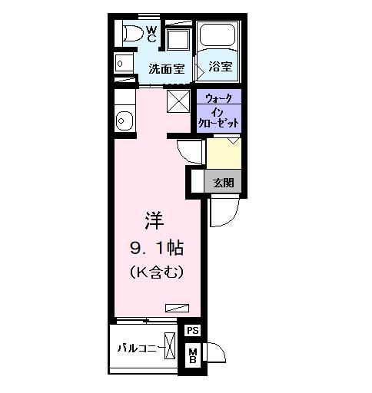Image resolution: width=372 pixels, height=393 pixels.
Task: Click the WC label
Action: tap(151, 34)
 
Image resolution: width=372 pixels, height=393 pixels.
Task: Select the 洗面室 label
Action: tap(167, 68)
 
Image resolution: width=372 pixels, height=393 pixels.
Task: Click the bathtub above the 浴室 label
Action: tap(219, 38)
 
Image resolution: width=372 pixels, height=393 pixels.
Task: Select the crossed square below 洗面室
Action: tap(178, 101)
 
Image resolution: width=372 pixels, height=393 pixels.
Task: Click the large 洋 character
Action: tap(154, 220)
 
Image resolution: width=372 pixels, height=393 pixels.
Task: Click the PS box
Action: tap(193, 331)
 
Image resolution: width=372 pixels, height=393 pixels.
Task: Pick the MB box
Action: tap(193, 355)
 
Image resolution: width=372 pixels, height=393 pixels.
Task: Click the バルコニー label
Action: tap(138, 347)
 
